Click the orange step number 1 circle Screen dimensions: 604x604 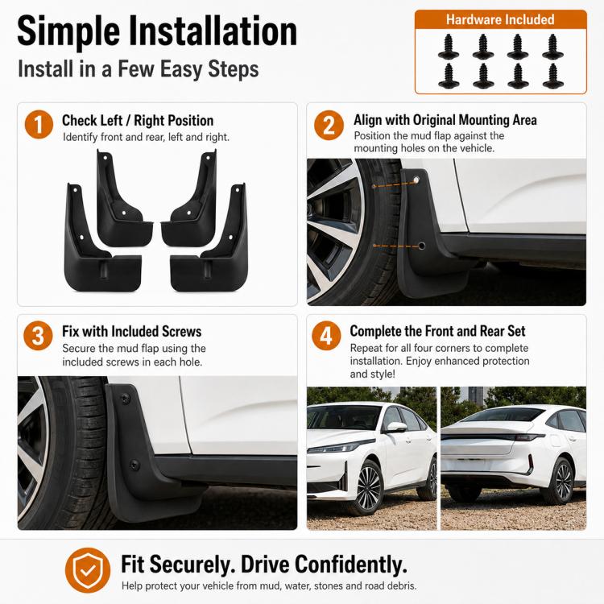(x=39, y=124)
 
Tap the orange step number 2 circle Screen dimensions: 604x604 (x=329, y=125)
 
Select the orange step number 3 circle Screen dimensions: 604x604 (x=38, y=336)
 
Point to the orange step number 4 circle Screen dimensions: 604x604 (x=326, y=336)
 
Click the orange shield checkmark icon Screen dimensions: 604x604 (x=88, y=570)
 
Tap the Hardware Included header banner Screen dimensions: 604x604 (x=500, y=19)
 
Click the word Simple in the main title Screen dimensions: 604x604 (x=68, y=31)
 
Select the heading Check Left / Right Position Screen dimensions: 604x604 (x=138, y=121)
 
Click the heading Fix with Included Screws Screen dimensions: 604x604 (x=132, y=332)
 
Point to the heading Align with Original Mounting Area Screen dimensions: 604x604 (x=445, y=120)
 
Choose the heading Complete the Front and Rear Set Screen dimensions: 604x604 (x=437, y=331)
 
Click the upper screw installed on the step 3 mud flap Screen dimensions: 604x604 (x=125, y=399)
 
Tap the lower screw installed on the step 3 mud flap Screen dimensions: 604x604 (x=134, y=465)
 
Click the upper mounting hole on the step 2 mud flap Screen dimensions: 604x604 (x=416, y=180)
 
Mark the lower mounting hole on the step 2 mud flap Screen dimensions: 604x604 (x=421, y=246)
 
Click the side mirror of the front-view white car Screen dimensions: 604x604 (x=396, y=427)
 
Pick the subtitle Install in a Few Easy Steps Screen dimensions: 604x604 (x=139, y=69)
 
